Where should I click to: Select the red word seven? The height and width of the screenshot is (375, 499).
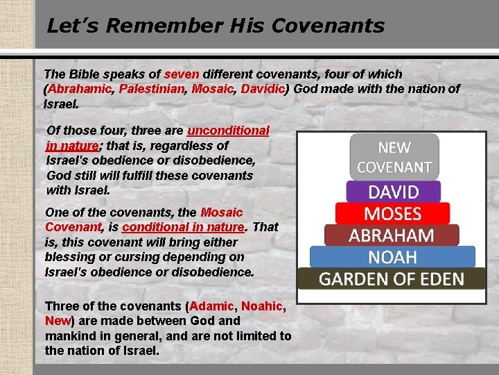coord(182,74)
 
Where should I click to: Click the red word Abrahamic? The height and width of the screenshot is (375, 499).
coord(81,89)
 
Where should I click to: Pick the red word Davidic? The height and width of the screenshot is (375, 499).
coord(261,89)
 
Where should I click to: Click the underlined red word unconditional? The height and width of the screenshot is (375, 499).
coord(228,131)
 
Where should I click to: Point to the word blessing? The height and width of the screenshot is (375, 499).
coord(67,258)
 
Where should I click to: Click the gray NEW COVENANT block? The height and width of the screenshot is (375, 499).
coord(394,157)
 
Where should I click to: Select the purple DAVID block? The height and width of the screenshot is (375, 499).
coord(393,191)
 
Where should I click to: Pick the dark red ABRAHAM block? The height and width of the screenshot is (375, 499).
coord(392,235)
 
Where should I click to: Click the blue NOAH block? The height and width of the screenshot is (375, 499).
coord(392,257)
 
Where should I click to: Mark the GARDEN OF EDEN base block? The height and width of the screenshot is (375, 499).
coord(391,279)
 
